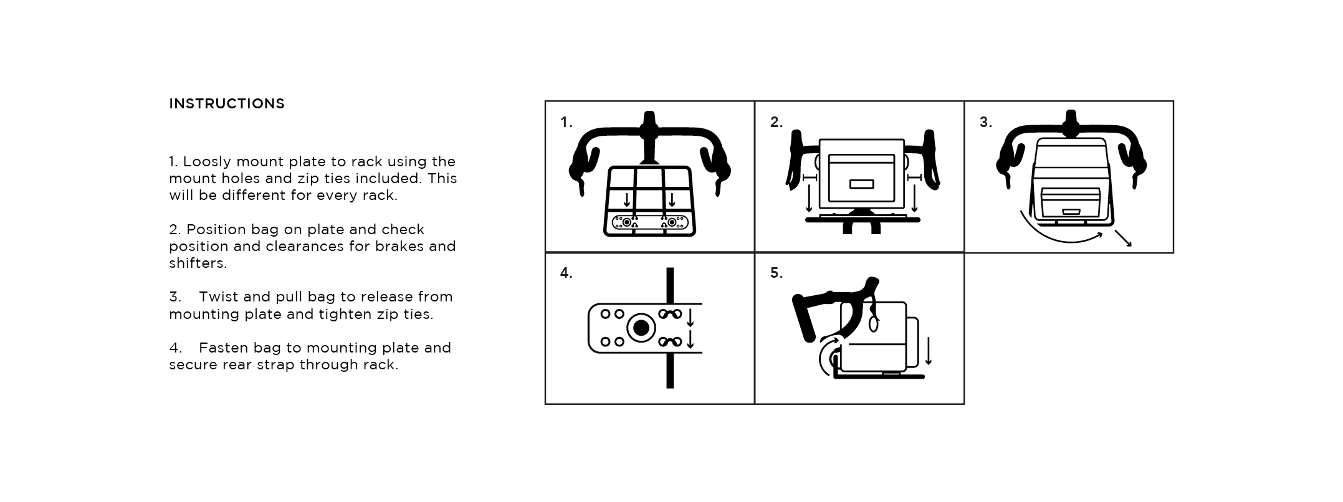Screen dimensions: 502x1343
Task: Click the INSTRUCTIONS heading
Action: coord(226,104)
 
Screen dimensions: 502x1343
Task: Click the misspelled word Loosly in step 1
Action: coord(207,162)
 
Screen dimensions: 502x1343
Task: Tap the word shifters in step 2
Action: coord(198,263)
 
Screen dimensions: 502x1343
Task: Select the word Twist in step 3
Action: coord(220,297)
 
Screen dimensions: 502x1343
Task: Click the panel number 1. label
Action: coord(566,123)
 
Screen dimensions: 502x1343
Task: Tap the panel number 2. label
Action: coord(776,123)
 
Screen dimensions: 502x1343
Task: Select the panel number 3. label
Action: coord(985,123)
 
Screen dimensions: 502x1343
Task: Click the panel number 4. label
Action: coord(566,273)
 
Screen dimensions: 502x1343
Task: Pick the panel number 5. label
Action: coord(776,273)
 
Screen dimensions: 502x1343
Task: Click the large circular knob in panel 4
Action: coord(641,328)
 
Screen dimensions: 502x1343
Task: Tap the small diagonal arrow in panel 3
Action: coord(1123,239)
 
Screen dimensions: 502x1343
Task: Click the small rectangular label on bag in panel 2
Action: coord(861,184)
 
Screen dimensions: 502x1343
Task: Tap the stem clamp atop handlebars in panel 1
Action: coord(649,129)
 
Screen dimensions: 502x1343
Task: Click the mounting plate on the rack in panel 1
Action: coord(649,222)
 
